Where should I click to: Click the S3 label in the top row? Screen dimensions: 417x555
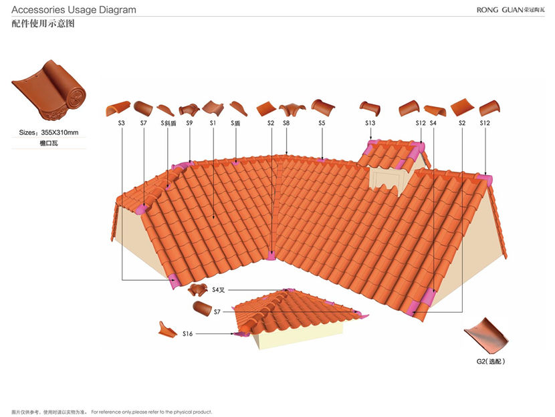coord(122,124)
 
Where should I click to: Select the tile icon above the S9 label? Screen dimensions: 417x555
coord(189,108)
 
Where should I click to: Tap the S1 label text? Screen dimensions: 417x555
coord(213,124)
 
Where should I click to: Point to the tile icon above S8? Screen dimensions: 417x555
coord(292,108)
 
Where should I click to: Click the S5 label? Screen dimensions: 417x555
coord(322,124)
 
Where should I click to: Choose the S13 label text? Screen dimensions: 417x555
coord(370,124)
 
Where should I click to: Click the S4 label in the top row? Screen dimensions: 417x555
coord(433,124)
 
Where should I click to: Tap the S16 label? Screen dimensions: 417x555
coord(187,333)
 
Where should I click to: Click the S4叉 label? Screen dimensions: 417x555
coord(219,290)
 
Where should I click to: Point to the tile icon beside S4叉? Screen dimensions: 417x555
coord(197,289)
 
